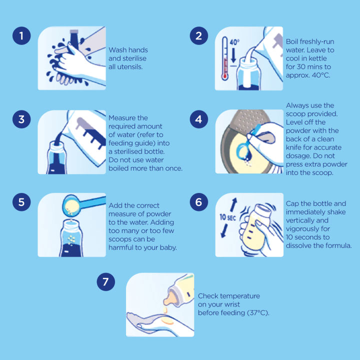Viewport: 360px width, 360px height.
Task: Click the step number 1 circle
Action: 21,35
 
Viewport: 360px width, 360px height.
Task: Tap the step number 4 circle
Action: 199,119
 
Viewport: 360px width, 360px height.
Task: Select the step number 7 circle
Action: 106,281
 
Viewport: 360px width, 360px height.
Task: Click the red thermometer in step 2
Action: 225,58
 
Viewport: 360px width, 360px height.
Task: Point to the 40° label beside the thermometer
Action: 234,42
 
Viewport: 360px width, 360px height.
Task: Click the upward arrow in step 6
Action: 233,205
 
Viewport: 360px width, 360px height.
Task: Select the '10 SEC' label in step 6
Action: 227,217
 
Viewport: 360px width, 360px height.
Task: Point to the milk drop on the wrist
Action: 166,321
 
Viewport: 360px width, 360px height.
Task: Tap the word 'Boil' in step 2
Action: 292,41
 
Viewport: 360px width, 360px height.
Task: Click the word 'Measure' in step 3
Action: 121,118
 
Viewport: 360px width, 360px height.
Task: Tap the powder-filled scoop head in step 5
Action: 70,205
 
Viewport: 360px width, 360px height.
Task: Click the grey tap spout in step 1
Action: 74,39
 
